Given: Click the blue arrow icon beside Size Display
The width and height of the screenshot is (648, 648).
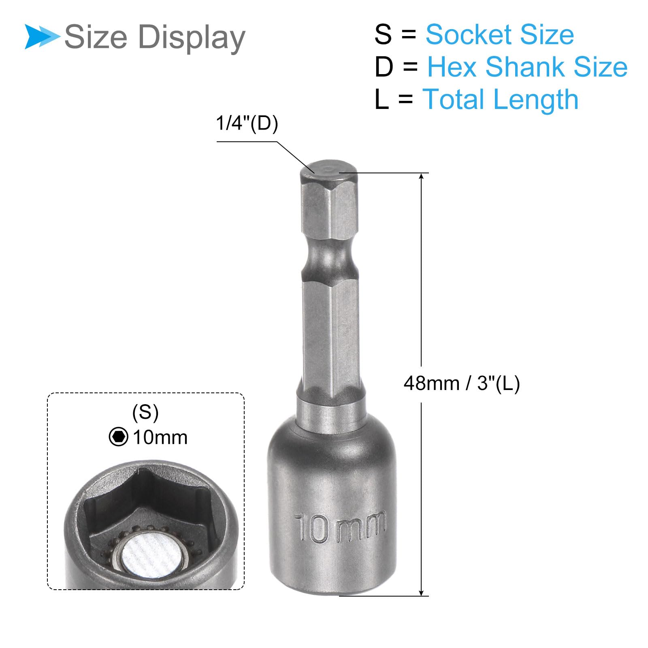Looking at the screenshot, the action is coord(42,36).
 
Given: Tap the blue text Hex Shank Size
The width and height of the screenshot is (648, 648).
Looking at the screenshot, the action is coord(527,67).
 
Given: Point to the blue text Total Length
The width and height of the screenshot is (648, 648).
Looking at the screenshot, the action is coord(501,100).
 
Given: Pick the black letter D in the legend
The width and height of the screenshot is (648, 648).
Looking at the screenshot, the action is coord(384,67).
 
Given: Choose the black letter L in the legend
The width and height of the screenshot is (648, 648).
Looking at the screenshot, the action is coord(381,99).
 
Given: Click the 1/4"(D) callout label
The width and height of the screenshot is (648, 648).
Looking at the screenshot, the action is coord(247,123).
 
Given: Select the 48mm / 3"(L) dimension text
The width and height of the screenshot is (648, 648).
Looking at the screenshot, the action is coord(462,383).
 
